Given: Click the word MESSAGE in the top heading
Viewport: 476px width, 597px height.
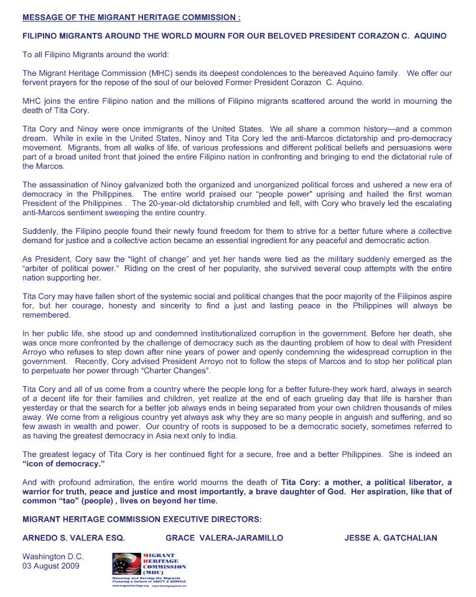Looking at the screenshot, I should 44,17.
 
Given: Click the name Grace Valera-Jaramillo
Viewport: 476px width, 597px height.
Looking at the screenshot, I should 224,537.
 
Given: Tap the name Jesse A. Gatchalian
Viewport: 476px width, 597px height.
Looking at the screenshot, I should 391,537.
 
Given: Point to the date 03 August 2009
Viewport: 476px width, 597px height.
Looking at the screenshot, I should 51,566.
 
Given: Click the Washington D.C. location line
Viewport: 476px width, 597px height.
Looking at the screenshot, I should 53,557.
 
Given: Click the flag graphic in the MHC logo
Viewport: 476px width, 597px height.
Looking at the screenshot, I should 127,563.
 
